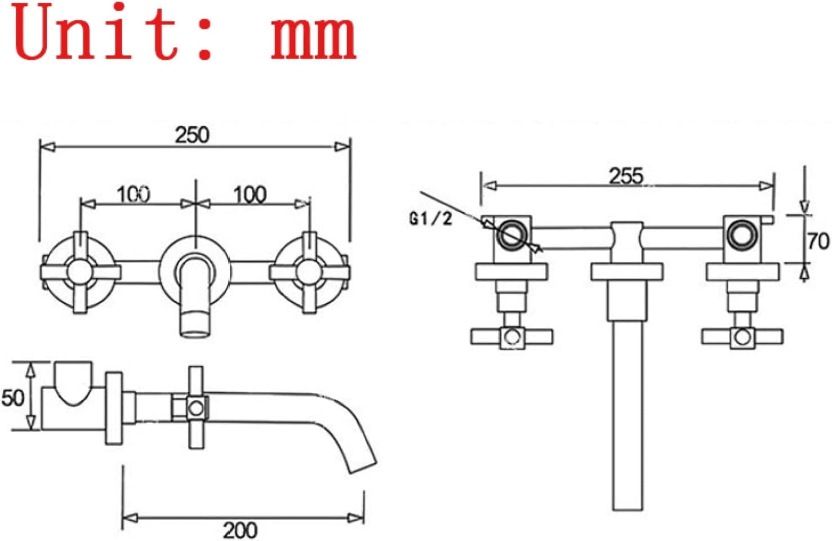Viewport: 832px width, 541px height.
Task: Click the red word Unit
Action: click(95, 32)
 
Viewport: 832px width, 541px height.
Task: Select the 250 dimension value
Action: click(192, 135)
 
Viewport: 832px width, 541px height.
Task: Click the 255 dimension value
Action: click(626, 176)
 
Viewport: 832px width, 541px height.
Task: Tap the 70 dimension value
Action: click(818, 241)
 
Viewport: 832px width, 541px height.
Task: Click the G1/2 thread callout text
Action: click(430, 219)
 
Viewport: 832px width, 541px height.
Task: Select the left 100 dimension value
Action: click(134, 194)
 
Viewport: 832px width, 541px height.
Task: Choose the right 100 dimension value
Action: click(250, 194)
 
